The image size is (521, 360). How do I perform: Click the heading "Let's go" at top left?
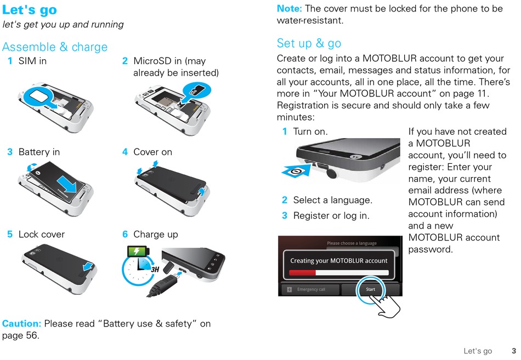pyautogui.click(x=30, y=10)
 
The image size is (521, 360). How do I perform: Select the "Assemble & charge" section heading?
pyautogui.click(x=55, y=47)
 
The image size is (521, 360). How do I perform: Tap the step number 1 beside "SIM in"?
pyautogui.click(x=10, y=61)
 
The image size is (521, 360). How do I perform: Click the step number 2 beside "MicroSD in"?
pyautogui.click(x=125, y=61)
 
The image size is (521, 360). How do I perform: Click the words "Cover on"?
pyautogui.click(x=152, y=152)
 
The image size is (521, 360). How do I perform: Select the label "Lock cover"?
pyautogui.click(x=42, y=234)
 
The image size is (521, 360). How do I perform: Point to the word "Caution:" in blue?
pyautogui.click(x=22, y=324)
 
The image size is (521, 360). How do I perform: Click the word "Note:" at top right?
pyautogui.click(x=289, y=9)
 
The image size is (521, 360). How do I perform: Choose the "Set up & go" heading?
pyautogui.click(x=309, y=43)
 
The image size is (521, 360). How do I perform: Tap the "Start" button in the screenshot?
pyautogui.click(x=370, y=289)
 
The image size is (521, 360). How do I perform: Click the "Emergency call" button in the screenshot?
pyautogui.click(x=309, y=289)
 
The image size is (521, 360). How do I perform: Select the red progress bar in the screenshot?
pyautogui.click(x=302, y=272)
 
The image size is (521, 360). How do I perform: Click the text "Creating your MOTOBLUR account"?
pyautogui.click(x=338, y=261)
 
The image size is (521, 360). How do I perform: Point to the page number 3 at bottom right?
pyautogui.click(x=514, y=351)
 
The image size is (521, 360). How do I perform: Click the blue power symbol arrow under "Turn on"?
pyautogui.click(x=296, y=171)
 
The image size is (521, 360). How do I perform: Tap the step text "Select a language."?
pyautogui.click(x=332, y=200)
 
